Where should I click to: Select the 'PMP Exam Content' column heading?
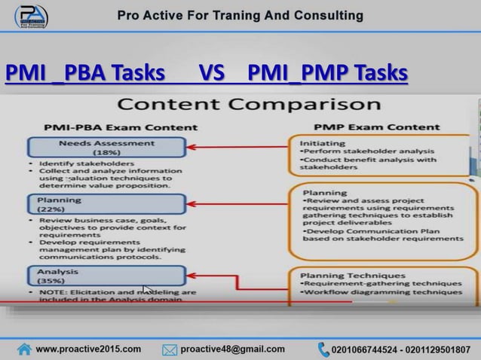[367, 127]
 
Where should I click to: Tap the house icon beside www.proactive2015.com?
[24, 349]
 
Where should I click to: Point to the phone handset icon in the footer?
[323, 349]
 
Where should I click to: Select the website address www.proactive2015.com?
[88, 349]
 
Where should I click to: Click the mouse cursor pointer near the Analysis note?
[148, 289]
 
